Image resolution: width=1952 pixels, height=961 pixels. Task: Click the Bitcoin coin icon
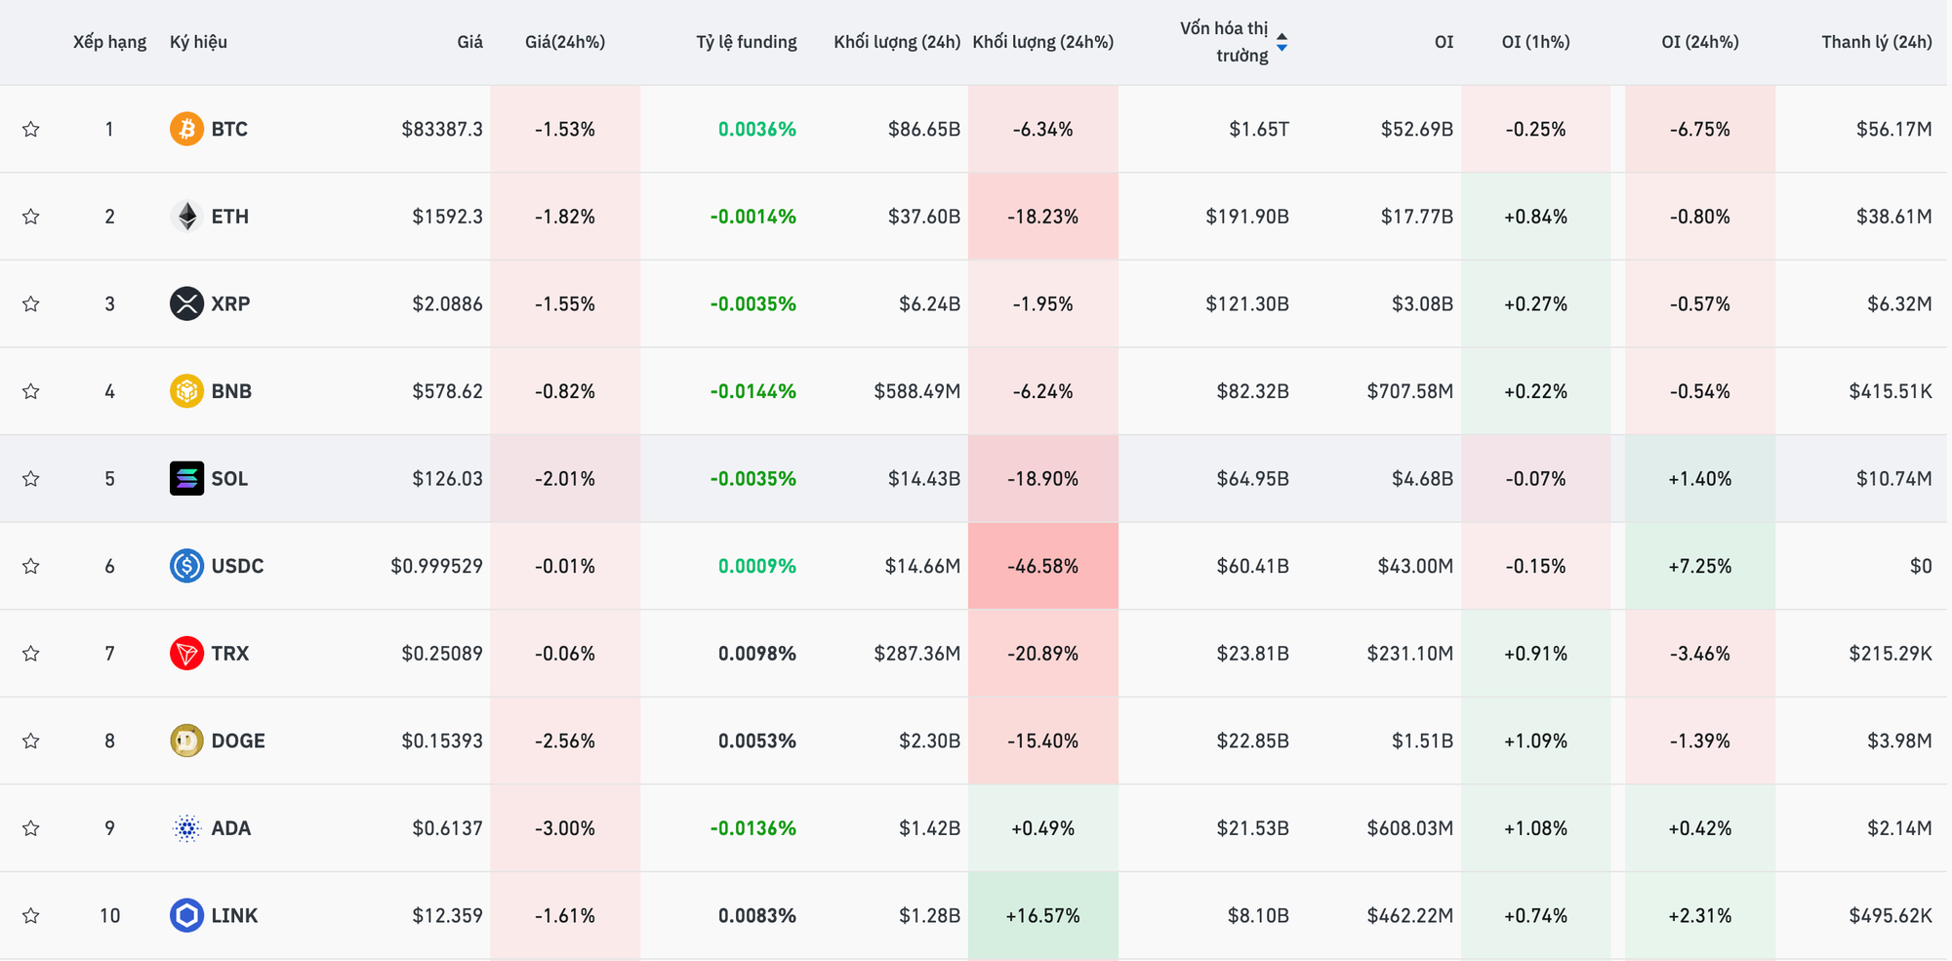(186, 129)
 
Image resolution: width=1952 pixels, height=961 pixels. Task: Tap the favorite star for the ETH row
(31, 217)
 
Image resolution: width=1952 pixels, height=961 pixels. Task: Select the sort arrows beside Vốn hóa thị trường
(1281, 42)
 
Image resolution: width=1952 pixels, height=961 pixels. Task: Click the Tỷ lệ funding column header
(746, 42)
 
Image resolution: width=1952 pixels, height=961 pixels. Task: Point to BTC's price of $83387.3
(441, 129)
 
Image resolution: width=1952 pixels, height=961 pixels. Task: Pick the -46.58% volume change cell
(1042, 566)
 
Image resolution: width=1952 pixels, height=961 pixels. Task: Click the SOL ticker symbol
(229, 478)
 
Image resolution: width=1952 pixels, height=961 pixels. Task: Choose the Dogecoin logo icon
(186, 741)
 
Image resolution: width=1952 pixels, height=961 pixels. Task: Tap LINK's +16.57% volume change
(1042, 915)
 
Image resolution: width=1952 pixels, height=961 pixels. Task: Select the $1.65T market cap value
(1258, 129)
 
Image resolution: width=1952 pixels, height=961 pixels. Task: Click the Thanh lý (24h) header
(1876, 42)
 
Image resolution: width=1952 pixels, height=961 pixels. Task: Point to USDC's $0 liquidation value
(1920, 566)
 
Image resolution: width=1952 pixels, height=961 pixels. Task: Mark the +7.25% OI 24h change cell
(1699, 566)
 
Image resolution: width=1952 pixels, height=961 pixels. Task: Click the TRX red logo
(186, 653)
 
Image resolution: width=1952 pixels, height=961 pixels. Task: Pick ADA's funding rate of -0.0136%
(752, 828)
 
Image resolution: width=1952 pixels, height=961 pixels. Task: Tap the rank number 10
(109, 915)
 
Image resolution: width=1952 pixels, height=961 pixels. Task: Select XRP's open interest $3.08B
(1422, 303)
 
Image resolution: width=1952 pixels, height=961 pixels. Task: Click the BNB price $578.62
(447, 391)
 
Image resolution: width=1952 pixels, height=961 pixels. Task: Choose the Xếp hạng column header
(109, 42)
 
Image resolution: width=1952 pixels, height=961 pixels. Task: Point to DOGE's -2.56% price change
(564, 741)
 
